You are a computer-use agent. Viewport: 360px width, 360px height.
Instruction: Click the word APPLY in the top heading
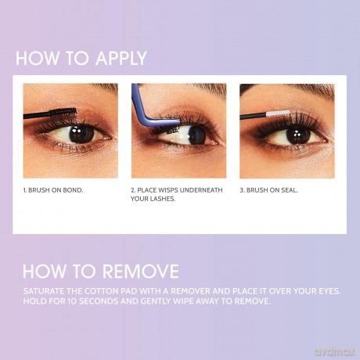click(x=121, y=58)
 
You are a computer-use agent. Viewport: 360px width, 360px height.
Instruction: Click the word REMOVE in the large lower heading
click(x=141, y=272)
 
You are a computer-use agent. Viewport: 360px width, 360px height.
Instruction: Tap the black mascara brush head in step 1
click(x=64, y=112)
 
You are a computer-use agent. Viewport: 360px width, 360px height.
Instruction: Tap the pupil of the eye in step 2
click(x=197, y=135)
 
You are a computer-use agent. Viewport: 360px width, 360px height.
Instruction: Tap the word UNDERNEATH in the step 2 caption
click(x=201, y=190)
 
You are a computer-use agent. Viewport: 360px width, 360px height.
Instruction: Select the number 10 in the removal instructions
click(x=72, y=301)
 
